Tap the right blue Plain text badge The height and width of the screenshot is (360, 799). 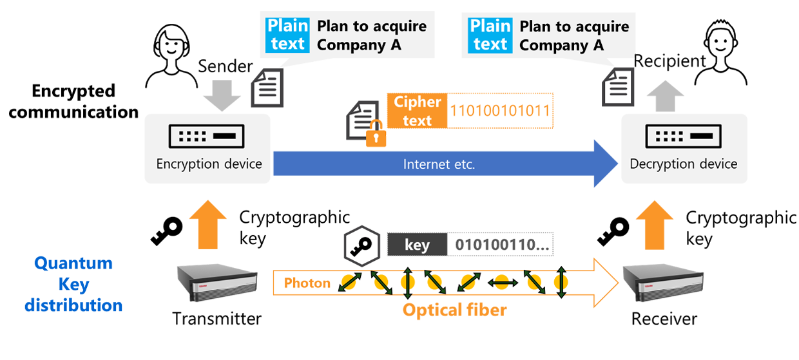click(490, 35)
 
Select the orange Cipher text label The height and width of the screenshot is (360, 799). click(417, 111)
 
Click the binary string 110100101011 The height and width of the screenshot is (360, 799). click(500, 111)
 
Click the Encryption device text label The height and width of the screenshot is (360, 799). click(209, 164)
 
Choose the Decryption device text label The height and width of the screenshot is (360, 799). click(683, 164)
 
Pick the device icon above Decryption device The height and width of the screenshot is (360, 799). click(683, 137)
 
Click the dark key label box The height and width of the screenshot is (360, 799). click(417, 245)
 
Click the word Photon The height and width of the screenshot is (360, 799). click(307, 283)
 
